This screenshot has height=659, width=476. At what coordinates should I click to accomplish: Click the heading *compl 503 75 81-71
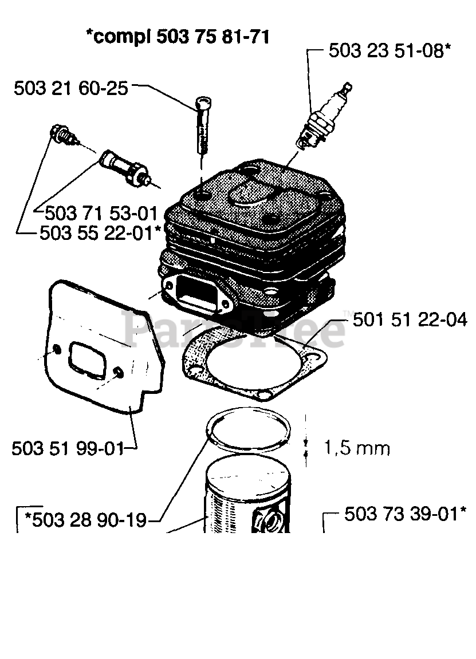178,37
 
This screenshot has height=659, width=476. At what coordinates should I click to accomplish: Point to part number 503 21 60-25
70,88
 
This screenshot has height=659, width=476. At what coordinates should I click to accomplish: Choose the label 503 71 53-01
100,213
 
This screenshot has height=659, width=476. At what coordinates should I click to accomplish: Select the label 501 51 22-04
410,318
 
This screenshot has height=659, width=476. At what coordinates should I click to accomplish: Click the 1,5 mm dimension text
357,447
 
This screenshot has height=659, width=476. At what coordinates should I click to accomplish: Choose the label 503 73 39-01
401,514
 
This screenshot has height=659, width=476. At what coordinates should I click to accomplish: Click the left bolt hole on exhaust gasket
56,349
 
